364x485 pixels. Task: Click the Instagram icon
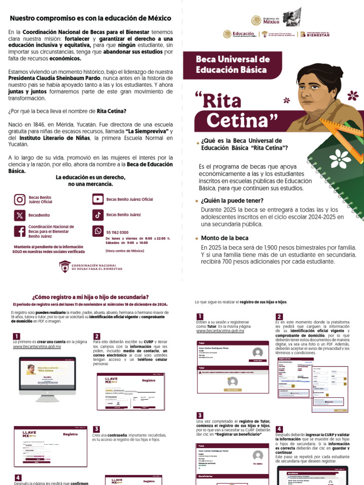(19, 199)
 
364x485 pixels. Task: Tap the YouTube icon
(98, 199)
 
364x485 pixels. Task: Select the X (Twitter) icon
(19, 215)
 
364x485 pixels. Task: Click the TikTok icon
(98, 215)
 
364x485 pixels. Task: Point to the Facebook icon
(19, 231)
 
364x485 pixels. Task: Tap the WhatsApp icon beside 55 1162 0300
(98, 231)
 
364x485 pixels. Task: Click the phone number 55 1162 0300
(117, 233)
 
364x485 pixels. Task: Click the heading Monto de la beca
(225, 238)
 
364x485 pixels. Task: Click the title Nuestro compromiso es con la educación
(91, 18)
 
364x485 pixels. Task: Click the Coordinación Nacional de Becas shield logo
(65, 267)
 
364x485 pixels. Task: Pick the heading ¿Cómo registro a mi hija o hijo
(90, 296)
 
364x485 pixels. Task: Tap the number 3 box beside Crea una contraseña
(96, 429)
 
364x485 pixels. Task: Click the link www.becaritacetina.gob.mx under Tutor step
(220, 331)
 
